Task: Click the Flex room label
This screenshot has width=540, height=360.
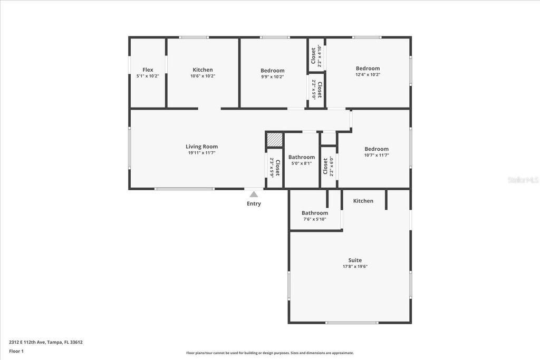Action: click(x=148, y=70)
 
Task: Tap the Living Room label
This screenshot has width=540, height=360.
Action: click(x=201, y=147)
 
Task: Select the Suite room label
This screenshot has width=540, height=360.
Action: click(x=355, y=260)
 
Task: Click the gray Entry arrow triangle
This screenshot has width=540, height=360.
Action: click(x=254, y=194)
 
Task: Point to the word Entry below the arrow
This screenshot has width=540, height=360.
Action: click(x=254, y=203)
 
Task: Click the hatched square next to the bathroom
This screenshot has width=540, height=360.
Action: click(x=274, y=140)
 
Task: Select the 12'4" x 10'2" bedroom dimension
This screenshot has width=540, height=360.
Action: click(x=368, y=75)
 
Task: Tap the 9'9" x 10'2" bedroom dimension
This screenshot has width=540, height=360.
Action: click(x=272, y=77)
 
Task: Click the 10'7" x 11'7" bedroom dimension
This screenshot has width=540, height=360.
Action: click(x=377, y=155)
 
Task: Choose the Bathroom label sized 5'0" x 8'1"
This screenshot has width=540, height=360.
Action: click(x=302, y=157)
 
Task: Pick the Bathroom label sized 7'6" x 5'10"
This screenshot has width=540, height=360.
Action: click(x=315, y=213)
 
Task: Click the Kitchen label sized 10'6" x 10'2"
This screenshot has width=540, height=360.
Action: click(x=202, y=70)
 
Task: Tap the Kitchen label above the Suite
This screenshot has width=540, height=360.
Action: click(x=363, y=201)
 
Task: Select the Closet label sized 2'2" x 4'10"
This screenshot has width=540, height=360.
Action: click(x=313, y=56)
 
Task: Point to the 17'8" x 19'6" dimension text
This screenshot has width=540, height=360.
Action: click(x=355, y=267)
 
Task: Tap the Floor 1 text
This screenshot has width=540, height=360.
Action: click(x=16, y=351)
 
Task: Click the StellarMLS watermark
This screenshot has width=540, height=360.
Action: click(x=523, y=180)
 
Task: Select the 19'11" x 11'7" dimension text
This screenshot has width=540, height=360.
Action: click(x=201, y=153)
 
